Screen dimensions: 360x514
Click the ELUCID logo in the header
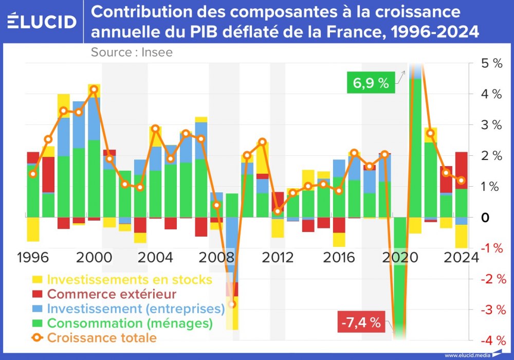point(42,21)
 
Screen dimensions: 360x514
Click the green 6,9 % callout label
point(371,83)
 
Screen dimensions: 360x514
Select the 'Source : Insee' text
point(132,52)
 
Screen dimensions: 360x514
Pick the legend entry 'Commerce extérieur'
point(112,295)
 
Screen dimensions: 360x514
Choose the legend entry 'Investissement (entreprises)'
point(136,309)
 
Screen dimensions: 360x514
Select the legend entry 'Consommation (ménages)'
point(130,323)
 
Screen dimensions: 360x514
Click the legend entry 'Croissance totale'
point(102,338)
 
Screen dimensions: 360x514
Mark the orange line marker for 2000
point(94,89)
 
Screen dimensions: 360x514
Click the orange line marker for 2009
point(232,304)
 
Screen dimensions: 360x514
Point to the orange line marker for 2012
point(278,211)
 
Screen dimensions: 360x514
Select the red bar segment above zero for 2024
point(462,170)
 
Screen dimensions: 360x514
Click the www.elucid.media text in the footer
point(465,355)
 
